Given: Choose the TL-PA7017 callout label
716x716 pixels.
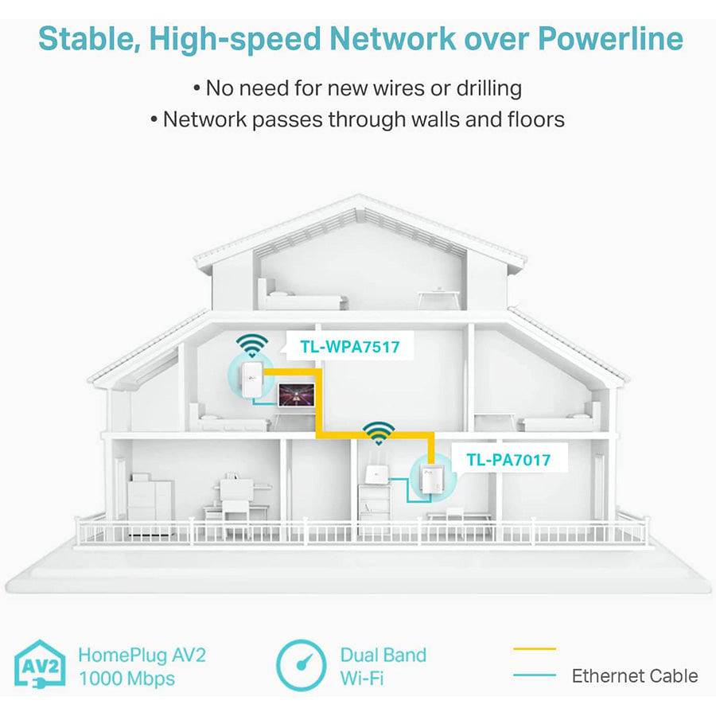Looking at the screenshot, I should [x=508, y=459].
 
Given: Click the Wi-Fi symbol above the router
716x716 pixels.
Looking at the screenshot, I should [x=379, y=433].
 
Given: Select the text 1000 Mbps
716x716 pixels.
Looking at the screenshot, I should [x=126, y=679].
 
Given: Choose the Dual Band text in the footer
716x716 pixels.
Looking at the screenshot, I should [x=383, y=656].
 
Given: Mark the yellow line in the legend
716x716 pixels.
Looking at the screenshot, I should [x=535, y=650].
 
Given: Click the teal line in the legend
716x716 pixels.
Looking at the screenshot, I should [x=535, y=676].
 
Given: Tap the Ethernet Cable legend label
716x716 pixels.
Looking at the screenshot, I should [x=634, y=676].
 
